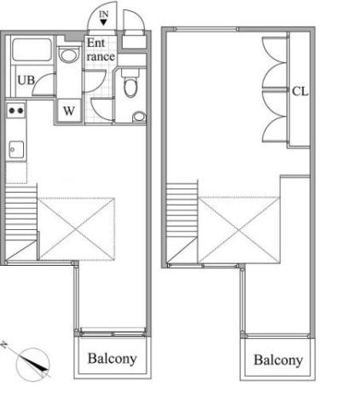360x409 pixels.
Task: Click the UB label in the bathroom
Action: point(26,80)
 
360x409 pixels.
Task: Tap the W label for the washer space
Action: point(69,111)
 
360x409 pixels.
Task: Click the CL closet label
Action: point(300,91)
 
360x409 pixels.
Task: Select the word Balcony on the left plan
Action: point(112,359)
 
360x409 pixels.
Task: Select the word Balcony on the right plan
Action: point(278,360)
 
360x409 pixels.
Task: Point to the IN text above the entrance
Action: point(104,14)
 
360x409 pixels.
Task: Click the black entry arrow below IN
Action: point(103,22)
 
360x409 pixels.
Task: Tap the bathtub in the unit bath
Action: point(32,49)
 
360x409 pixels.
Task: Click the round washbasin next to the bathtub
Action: point(68,55)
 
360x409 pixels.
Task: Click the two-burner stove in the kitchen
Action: point(16,111)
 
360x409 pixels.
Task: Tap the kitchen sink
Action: point(16,149)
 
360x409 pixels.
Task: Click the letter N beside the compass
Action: point(4,345)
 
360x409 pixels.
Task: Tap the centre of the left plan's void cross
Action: point(76,229)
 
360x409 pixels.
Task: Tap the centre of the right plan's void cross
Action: point(239,230)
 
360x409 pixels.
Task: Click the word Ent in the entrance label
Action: point(96,43)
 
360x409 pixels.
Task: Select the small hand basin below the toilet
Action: point(139,117)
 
